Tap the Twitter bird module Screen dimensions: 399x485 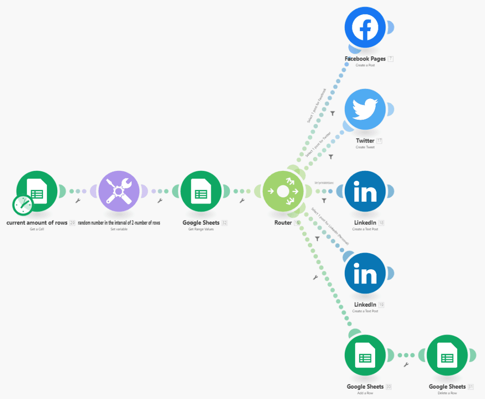(x=365, y=109)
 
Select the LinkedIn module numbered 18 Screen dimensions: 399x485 (x=365, y=191)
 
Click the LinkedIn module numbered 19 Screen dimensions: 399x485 (x=365, y=273)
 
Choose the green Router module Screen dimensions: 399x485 (x=283, y=191)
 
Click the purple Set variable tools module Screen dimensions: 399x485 (x=119, y=191)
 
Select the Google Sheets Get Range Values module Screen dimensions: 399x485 (x=201, y=191)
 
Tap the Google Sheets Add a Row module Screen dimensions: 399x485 (x=365, y=355)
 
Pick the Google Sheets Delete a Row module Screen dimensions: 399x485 (x=447, y=355)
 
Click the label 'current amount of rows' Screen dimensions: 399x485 (x=37, y=222)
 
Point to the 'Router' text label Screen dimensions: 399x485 (x=283, y=222)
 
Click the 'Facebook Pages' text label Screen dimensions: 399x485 (x=365, y=59)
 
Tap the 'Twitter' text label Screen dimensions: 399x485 (x=365, y=141)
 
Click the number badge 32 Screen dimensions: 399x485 (x=225, y=222)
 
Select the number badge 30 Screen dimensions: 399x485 (x=389, y=387)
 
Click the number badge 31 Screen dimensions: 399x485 (x=471, y=387)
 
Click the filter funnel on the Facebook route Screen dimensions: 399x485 (x=332, y=113)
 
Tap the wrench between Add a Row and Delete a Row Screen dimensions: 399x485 (x=406, y=364)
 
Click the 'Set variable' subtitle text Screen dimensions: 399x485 (x=119, y=229)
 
